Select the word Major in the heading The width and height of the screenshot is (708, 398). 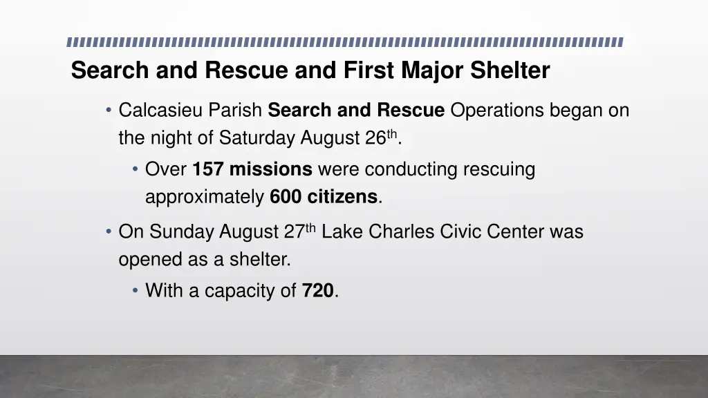[431, 70]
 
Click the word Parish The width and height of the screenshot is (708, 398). [236, 110]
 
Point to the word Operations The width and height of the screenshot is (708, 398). [497, 110]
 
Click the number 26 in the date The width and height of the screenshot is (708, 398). [375, 138]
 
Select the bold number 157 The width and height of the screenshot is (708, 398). [208, 169]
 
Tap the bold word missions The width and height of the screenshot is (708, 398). [271, 169]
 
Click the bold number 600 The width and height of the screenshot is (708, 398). [286, 197]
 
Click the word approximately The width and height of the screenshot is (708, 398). [205, 198]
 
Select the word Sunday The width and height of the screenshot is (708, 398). [182, 231]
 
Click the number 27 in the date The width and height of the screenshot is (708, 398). [293, 231]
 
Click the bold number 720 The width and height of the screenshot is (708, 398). [317, 291]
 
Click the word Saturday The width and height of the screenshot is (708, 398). [257, 138]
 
